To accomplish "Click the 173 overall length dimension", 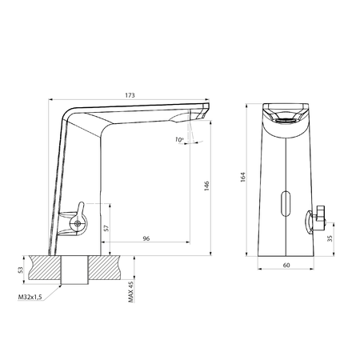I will [x=130, y=95].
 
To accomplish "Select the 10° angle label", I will [x=180, y=140].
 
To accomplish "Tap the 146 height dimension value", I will [x=206, y=184].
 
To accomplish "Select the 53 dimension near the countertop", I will [x=22, y=270].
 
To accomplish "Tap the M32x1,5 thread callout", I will [x=30, y=298].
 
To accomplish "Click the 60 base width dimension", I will [x=286, y=265].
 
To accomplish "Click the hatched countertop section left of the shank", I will [x=44, y=268].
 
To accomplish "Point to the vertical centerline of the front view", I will [x=286, y=160].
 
